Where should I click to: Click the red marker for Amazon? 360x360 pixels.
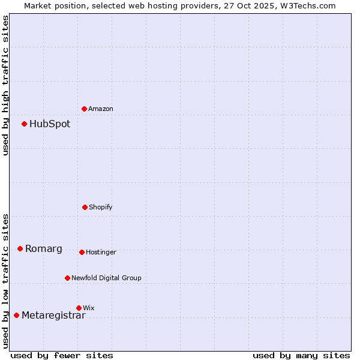coord(84,109)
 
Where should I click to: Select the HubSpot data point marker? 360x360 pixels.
coord(24,124)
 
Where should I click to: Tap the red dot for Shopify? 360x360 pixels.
coord(85,207)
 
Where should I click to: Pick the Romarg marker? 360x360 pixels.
coord(20,248)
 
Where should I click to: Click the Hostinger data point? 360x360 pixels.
coord(82,252)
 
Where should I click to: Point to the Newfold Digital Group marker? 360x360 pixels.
coord(67,278)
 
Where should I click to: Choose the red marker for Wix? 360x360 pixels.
coord(79,308)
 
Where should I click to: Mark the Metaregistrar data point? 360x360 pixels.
coord(16,316)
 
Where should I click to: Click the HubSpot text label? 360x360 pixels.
coord(50,124)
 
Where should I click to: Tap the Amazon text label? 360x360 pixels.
coord(101,109)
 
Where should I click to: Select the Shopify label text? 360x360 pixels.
coord(101,207)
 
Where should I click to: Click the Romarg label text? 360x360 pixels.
coord(44,249)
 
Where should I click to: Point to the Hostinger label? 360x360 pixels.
coord(101,252)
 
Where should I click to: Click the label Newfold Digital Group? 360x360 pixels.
coord(106,278)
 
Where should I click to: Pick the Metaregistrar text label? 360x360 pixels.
coord(53,316)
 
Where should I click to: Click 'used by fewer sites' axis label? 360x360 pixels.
coord(62,355)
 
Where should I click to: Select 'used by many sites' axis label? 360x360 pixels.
coord(301,355)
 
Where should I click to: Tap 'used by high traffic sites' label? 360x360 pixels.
coord(5,85)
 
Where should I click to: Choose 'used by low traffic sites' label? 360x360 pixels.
coord(5,281)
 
